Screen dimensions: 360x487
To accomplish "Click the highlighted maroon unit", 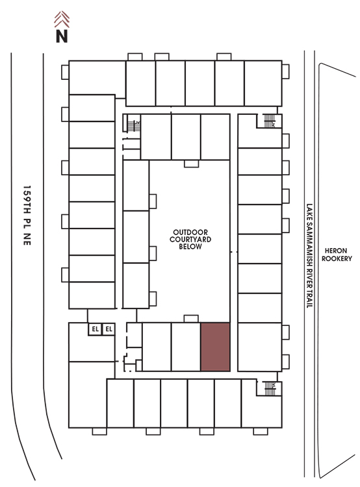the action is point(215,347).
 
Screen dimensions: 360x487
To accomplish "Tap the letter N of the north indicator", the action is point(62,36).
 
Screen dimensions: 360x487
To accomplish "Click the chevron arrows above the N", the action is point(62,19).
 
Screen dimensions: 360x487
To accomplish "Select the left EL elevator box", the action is point(95,329).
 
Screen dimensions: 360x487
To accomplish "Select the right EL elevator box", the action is point(109,329).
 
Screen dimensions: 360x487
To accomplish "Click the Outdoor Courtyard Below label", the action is point(190,239).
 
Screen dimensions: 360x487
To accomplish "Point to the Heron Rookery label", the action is point(337,255).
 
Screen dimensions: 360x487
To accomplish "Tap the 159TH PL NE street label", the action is point(27,216).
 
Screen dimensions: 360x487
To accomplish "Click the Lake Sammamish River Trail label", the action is point(309,256).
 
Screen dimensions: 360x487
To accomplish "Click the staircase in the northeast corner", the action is point(269,121).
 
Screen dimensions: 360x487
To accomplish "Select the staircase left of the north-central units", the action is point(134,126).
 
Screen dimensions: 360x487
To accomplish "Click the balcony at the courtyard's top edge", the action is point(191,164).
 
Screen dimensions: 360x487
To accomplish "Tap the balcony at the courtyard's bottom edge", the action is point(191,319).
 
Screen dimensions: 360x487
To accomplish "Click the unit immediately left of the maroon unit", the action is point(186,347).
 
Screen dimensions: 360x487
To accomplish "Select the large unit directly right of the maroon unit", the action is point(260,347).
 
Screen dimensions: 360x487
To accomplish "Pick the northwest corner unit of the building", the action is point(97,77).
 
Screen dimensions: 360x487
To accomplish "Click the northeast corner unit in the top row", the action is point(263,83).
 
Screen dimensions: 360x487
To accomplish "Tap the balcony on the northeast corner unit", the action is point(286,71).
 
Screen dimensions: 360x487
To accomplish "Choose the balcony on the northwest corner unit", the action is point(65,72).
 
